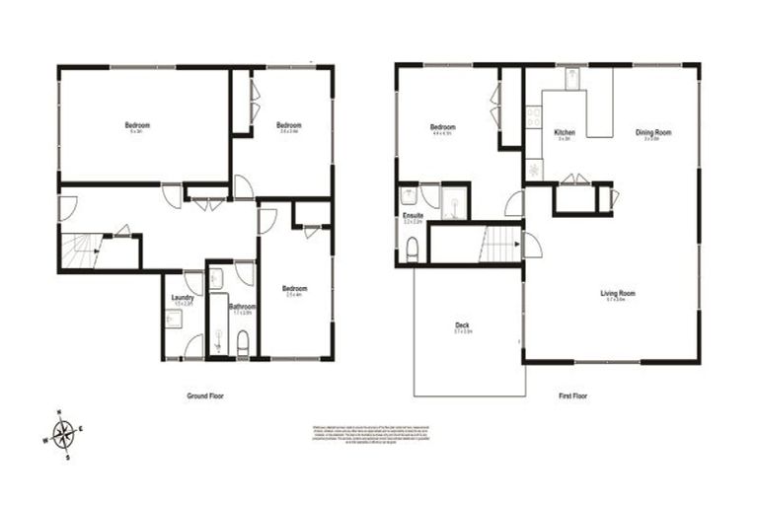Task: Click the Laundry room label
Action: click(181, 298)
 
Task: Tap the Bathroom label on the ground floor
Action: click(243, 308)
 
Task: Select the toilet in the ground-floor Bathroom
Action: click(243, 342)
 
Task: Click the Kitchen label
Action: click(565, 132)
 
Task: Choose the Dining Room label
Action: click(653, 132)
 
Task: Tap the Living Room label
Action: click(618, 293)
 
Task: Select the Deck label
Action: click(462, 325)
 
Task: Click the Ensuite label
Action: click(413, 216)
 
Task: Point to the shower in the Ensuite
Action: click(453, 201)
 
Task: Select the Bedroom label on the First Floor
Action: click(442, 127)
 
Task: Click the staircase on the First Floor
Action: click(501, 243)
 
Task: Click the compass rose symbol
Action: click(64, 432)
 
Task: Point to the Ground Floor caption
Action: click(206, 396)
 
